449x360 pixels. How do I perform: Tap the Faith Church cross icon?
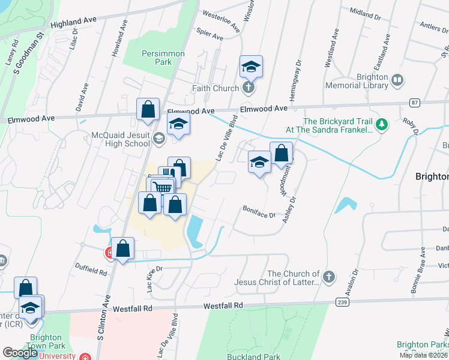click(248, 89)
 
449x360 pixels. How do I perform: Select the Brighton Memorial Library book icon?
click(397, 79)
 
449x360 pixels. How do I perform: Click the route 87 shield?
click(415, 103)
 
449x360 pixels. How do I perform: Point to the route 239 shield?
click(342, 303)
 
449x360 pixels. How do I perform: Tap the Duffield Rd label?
click(91, 271)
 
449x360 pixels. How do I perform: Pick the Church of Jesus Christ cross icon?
click(328, 277)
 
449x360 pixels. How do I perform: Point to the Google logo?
click(20, 353)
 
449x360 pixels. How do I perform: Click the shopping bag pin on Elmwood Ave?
click(148, 110)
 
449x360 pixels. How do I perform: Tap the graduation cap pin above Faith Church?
click(252, 67)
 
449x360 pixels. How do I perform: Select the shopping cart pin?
click(162, 187)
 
